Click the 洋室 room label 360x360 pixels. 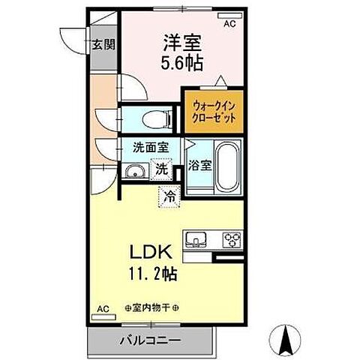[x=174, y=43]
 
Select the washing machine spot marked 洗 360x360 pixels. [x=161, y=170]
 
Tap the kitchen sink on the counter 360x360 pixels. [x=198, y=241]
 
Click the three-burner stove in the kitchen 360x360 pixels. [x=231, y=241]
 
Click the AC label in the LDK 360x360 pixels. [x=103, y=307]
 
